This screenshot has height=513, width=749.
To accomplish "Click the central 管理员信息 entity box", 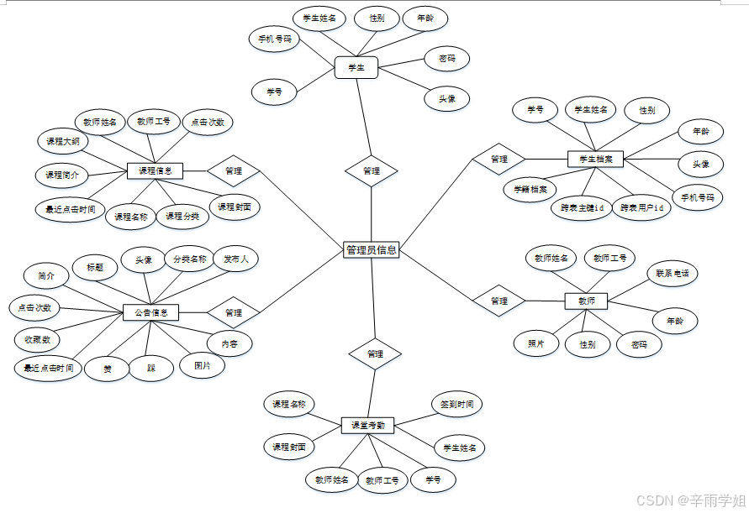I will click(x=371, y=249).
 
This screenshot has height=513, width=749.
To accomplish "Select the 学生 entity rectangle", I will click(x=356, y=67).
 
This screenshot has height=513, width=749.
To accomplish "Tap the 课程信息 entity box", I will click(x=155, y=170).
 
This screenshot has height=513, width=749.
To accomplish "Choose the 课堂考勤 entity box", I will click(x=368, y=426).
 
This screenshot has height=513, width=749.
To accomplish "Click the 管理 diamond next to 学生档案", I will click(x=498, y=159).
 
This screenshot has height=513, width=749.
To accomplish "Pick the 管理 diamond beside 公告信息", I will click(x=233, y=312).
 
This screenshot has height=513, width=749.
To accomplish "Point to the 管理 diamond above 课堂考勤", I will click(x=375, y=354).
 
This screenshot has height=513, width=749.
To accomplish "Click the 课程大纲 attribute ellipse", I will click(x=63, y=142).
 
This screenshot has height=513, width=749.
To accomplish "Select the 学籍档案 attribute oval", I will click(x=530, y=189).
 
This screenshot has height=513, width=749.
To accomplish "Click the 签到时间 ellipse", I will click(x=456, y=404).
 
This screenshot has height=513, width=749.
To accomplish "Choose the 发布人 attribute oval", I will click(x=235, y=259).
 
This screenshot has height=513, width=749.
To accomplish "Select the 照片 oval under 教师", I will click(x=536, y=343).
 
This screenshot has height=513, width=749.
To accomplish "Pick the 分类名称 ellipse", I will click(x=189, y=259).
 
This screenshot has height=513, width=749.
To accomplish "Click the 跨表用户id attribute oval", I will click(x=641, y=207).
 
